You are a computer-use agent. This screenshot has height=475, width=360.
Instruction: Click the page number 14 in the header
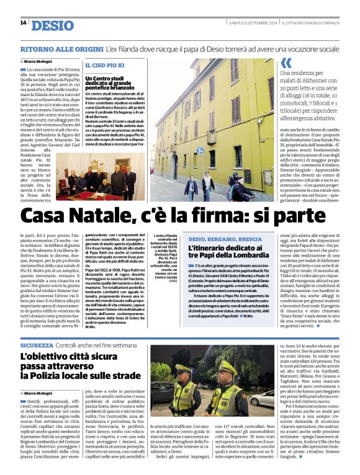point(23,23)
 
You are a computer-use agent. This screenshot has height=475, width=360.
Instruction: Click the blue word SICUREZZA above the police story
point(37,344)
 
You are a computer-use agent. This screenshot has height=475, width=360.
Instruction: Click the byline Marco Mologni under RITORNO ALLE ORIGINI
point(39,61)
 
